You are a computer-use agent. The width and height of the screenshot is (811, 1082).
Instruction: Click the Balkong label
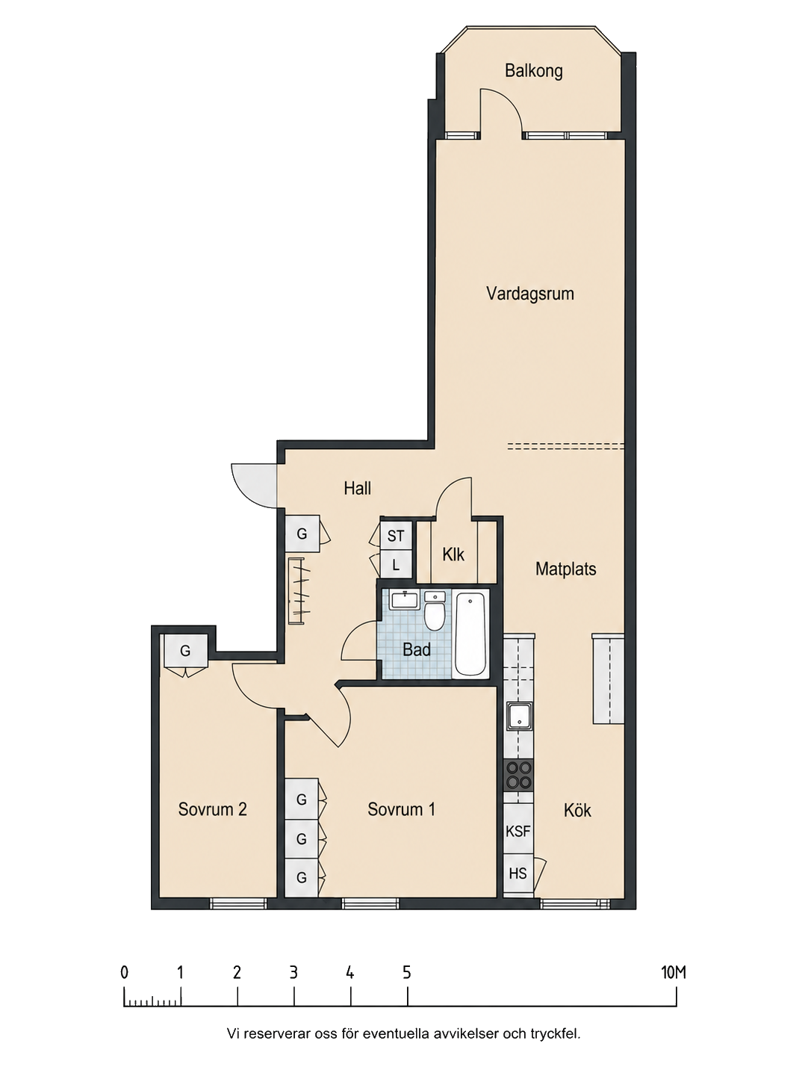coord(533,72)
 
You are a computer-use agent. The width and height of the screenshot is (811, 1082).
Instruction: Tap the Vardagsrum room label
coord(529,294)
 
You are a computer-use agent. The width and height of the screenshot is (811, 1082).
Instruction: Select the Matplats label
coord(565,569)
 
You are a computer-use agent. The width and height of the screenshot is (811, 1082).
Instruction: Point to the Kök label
coord(577,811)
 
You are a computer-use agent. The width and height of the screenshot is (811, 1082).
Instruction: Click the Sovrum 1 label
coord(401,809)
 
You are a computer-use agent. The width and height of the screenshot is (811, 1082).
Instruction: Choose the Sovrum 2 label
coord(212,809)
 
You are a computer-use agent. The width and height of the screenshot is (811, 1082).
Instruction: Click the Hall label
coord(358,489)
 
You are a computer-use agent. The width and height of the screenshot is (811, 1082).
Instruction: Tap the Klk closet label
coord(453,554)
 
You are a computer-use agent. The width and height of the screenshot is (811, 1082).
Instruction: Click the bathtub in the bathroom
coord(471,634)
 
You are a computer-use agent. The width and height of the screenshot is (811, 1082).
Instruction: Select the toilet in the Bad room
coord(435,612)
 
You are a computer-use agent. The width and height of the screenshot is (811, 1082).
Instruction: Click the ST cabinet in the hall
coord(395,537)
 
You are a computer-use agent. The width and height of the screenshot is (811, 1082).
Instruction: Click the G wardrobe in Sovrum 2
coord(185,651)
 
